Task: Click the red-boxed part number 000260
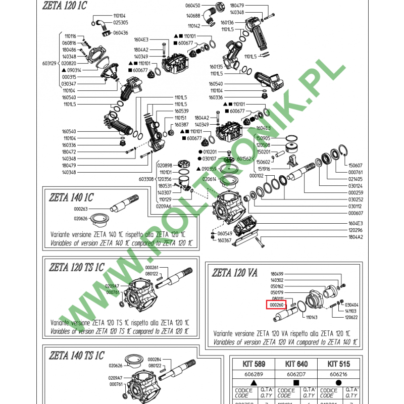pos(277,305)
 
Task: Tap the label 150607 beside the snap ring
pos(355,165)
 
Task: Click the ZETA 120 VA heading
pos(236,273)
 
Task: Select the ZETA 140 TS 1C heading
pos(77,355)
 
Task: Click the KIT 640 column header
pos(297,364)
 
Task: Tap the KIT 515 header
pos(339,364)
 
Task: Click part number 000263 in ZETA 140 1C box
pos(81,209)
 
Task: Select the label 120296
pos(355,230)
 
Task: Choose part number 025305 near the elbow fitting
pos(120,23)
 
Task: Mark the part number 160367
pos(224,241)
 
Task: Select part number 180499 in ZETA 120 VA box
pos(277,273)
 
